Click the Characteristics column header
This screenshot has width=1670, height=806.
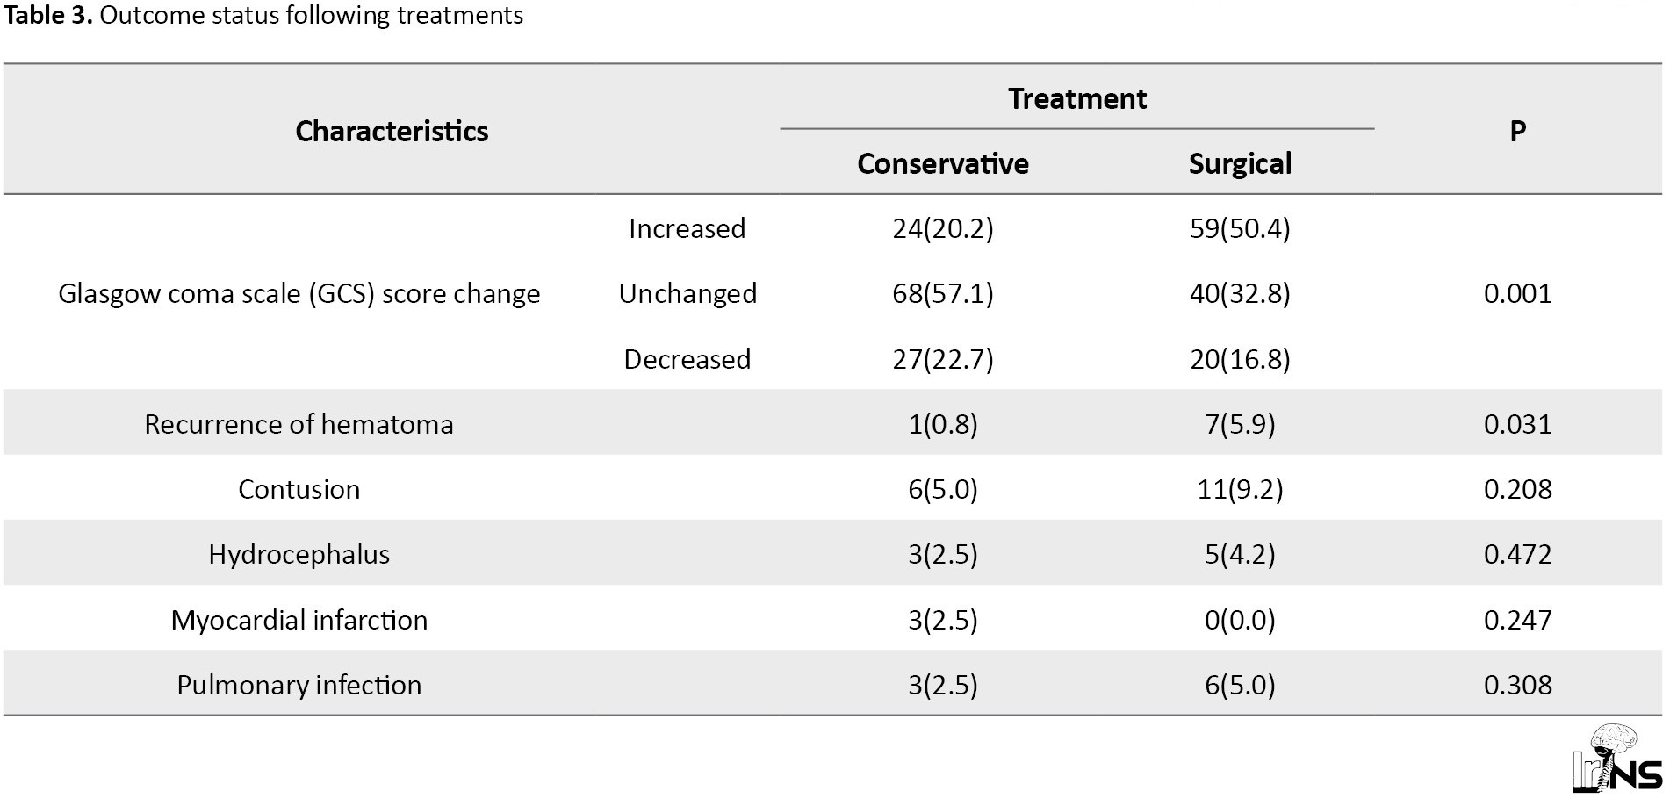392,131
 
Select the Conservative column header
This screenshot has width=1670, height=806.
943,163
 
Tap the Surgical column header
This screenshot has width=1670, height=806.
1240,163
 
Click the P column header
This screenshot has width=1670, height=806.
1517,131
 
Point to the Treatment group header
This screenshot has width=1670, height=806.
1077,98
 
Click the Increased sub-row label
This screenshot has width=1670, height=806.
687,228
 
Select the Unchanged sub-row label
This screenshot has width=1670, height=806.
687,293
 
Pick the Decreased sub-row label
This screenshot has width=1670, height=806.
687,359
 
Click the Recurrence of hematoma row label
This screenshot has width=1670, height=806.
299,424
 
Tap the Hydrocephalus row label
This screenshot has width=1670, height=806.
299,554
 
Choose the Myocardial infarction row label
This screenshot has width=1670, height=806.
299,620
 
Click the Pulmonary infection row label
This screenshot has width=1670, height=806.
299,685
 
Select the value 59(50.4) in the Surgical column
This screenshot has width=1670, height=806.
1240,228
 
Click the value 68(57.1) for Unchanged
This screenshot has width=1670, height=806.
943,293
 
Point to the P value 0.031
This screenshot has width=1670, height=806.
1517,424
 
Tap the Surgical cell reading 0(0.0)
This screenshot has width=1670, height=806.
1240,620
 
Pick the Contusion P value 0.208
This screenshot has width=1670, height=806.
1517,489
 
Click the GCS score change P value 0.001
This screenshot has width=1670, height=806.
1517,293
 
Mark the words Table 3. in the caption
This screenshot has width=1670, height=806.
47,15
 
